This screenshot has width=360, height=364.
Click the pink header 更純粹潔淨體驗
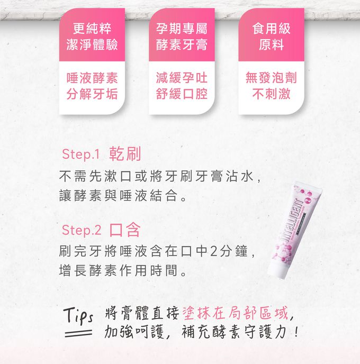point(89,36)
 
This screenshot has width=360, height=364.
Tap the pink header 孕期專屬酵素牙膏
point(181,36)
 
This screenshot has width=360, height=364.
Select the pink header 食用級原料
point(271,36)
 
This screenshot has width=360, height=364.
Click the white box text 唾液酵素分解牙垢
point(89,86)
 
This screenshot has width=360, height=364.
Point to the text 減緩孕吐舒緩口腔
point(181,86)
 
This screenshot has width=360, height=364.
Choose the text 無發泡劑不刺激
point(271,86)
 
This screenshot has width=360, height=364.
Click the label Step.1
point(80,154)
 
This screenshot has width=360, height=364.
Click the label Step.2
point(80,231)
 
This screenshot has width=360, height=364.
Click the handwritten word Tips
point(79,315)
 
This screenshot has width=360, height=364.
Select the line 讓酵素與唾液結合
point(123,197)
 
